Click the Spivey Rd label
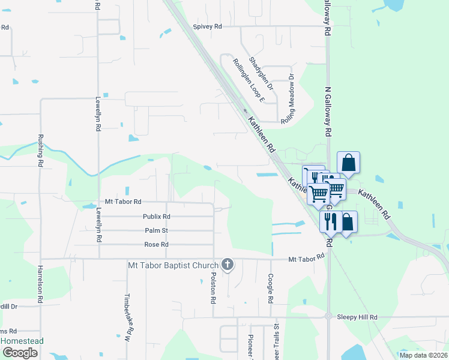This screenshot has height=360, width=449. coord(208,26)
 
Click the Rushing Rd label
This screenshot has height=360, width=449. coord(41,150)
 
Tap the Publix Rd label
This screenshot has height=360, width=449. coord(157,217)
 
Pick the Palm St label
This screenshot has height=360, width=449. coord(156,230)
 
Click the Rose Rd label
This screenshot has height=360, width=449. coord(156,244)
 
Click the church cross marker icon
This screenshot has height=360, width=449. coord(228,264)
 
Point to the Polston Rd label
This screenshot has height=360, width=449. coord(213,286)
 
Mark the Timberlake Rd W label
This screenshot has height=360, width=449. coord(127,317)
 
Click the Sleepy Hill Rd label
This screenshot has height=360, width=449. coord(357,317)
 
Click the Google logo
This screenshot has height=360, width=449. coord(19,353)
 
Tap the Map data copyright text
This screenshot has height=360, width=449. coord(423,355)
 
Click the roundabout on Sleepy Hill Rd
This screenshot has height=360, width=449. coord(328,316)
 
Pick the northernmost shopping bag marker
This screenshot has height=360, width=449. coord(348,162)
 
